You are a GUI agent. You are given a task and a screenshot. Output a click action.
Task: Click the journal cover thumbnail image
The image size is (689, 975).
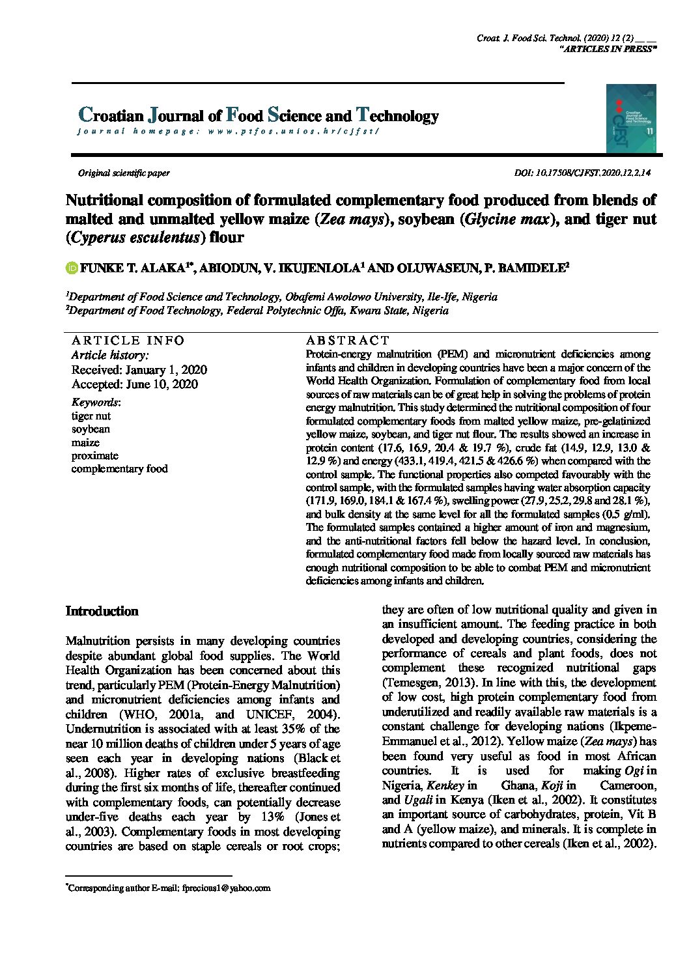(631, 119)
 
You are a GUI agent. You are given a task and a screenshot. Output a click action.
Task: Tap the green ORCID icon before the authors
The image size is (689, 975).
(72, 268)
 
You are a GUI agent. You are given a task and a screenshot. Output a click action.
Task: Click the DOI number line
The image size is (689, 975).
(582, 173)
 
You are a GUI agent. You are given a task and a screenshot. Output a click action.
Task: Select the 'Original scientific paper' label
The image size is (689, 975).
(124, 173)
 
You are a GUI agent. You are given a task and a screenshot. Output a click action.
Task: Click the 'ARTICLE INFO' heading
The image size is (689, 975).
(128, 340)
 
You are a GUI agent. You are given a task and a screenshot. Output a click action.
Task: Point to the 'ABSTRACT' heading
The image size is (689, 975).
(347, 340)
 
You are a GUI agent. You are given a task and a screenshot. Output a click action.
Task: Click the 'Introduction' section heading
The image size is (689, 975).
(102, 612)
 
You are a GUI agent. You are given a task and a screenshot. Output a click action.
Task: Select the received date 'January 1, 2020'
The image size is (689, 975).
(167, 370)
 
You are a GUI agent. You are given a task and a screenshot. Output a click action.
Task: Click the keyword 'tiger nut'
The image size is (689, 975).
(91, 416)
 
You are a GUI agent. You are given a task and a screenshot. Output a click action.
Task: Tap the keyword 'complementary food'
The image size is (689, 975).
(120, 469)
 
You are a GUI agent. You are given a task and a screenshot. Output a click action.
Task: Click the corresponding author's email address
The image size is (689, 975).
(226, 888)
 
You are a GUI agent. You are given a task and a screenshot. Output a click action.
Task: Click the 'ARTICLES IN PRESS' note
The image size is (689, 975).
(608, 49)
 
